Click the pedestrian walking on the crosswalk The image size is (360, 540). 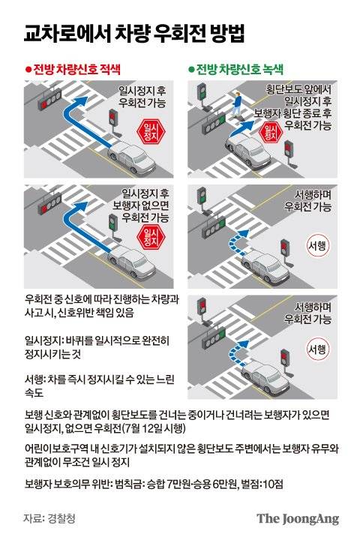[237, 103]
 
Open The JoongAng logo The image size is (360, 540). [298, 518]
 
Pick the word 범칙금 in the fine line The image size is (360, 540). [129, 481]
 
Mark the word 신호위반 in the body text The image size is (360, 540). [85, 313]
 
